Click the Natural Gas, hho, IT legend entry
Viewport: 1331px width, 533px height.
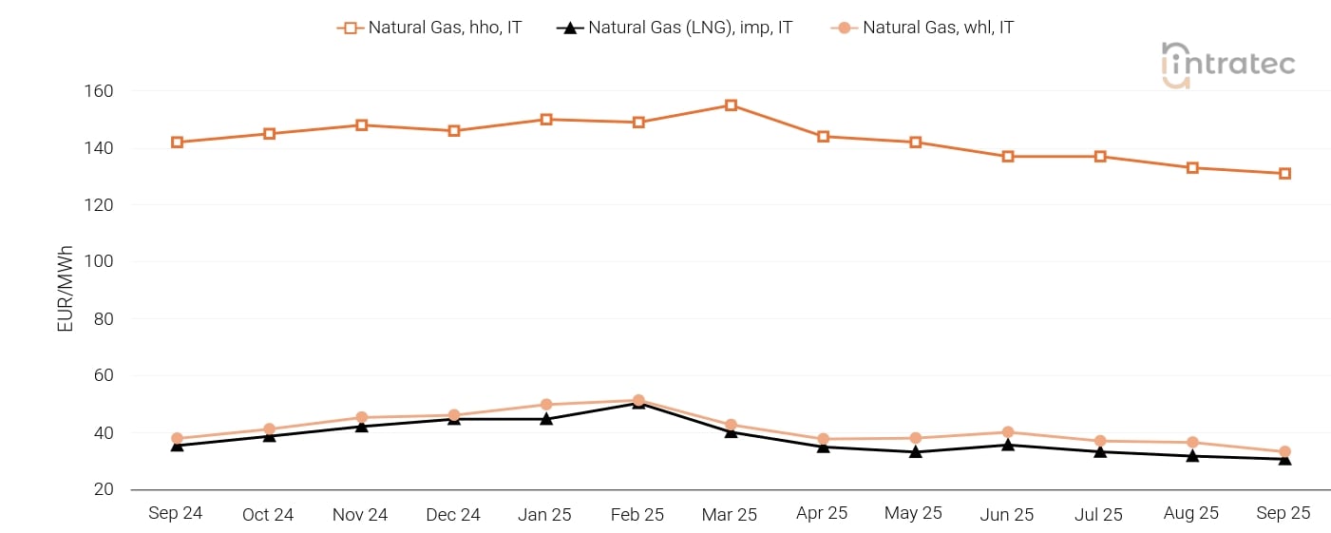click(429, 28)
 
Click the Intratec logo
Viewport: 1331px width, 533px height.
click(1227, 65)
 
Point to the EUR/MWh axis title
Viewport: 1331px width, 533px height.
click(66, 289)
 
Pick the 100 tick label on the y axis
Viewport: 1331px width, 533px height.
click(99, 261)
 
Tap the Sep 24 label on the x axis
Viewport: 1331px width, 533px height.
click(176, 513)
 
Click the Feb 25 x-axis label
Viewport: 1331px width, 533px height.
click(637, 514)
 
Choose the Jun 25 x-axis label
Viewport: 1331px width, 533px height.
click(1007, 514)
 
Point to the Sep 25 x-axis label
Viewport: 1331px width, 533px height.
click(1283, 513)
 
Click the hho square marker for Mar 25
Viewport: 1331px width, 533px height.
click(731, 105)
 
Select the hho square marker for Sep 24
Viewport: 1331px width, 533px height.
click(177, 143)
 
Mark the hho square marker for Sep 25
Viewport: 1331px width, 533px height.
click(1284, 174)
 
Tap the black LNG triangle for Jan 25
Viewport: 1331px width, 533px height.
click(546, 418)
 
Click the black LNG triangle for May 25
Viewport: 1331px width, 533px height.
click(916, 451)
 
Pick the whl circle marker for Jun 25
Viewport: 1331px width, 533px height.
click(1008, 432)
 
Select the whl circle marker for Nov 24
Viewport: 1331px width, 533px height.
click(362, 417)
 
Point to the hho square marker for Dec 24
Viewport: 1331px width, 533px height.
click(454, 131)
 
